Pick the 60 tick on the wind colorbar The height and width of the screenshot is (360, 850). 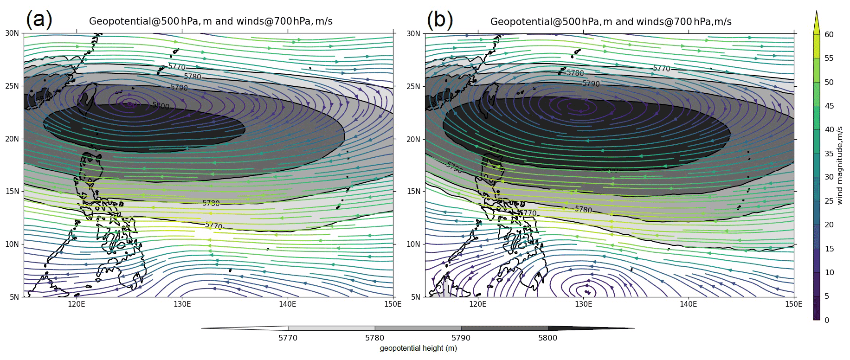tap(829, 34)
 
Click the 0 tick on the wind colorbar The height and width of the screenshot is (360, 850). tap(826, 320)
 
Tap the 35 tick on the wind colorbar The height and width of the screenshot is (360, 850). tap(829, 154)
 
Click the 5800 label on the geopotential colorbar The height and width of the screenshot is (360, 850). tap(548, 338)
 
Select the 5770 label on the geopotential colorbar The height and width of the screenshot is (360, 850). tap(288, 338)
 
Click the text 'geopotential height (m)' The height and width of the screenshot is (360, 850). tap(418, 348)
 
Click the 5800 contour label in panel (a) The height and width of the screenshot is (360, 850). tap(161, 106)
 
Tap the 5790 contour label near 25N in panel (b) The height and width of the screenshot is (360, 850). tap(591, 84)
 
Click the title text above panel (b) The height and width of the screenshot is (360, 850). tap(611, 21)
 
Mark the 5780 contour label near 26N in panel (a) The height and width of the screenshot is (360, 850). tap(193, 77)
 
